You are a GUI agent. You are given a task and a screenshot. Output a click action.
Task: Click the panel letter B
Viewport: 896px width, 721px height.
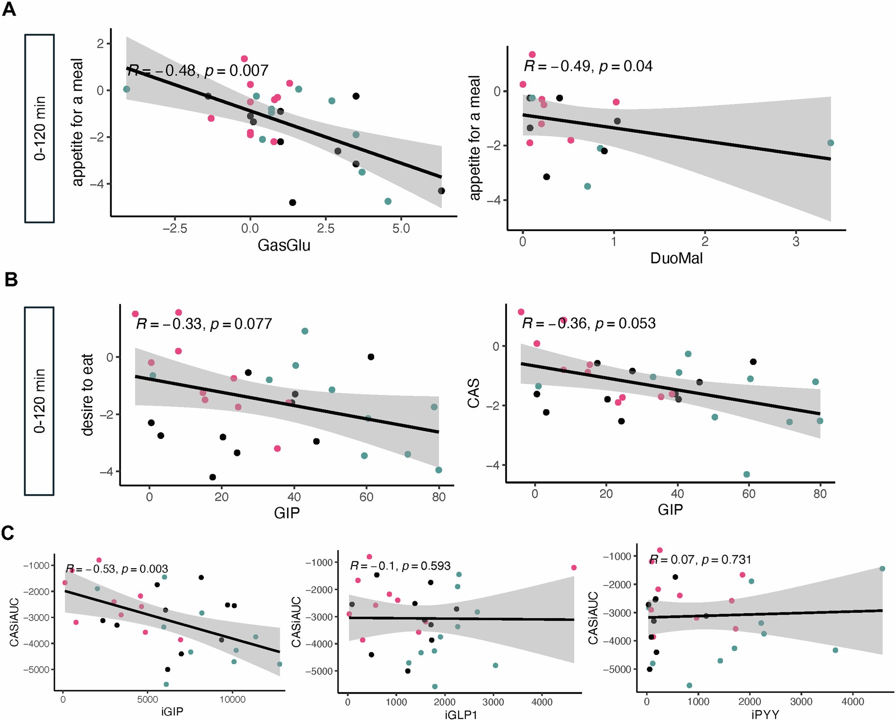point(10,280)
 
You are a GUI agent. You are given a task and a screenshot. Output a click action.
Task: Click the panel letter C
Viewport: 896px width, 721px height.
point(8,533)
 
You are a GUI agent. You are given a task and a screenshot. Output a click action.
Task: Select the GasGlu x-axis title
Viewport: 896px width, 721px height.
point(284,245)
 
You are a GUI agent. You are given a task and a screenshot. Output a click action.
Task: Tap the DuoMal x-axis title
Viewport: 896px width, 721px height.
point(676,258)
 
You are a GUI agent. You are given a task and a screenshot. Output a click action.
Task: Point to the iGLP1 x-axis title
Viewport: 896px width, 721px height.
point(460,715)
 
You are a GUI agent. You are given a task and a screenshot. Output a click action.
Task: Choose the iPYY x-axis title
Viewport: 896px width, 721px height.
point(765,715)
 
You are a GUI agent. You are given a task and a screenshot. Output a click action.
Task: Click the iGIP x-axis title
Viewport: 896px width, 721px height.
point(172,712)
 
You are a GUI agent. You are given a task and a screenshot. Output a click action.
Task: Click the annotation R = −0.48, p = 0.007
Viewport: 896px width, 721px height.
point(198,71)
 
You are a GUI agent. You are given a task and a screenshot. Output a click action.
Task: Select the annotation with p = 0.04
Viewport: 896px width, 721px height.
point(588,66)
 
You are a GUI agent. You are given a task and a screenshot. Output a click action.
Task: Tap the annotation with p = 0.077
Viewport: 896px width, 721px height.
point(204,324)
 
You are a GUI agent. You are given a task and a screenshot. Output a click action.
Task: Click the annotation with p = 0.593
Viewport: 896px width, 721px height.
point(400,566)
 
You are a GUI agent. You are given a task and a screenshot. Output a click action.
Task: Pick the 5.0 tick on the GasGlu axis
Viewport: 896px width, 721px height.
point(401,228)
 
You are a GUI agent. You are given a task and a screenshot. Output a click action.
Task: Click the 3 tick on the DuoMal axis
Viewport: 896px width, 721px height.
point(796,241)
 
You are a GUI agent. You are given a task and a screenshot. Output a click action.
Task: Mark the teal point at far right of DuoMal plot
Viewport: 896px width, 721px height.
point(830,143)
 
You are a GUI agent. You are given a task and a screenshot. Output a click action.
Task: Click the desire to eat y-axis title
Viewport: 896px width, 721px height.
point(87,394)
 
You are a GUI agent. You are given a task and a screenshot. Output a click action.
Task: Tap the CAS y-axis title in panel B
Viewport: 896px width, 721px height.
point(474,393)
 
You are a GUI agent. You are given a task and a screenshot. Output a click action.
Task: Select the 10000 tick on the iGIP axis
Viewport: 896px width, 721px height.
point(232,700)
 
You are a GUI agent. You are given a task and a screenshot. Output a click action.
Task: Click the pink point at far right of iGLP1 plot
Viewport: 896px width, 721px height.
point(574,568)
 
